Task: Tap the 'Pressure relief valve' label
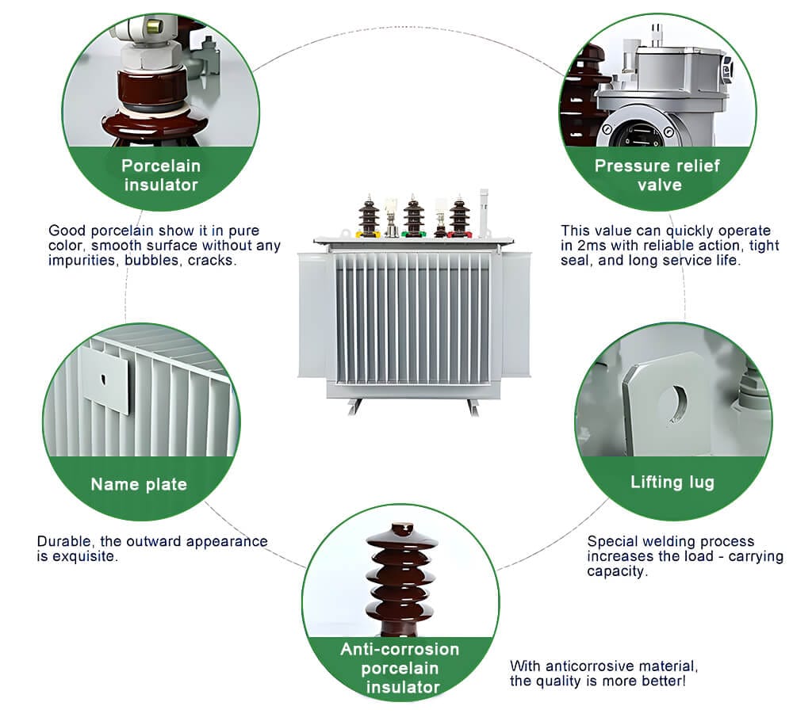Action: pos(657,175)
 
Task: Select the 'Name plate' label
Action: pos(139,484)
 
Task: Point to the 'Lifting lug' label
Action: pos(672,482)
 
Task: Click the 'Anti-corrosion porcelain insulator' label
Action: pos(400,667)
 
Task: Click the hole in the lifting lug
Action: pos(676,402)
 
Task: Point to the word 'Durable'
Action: pos(63,542)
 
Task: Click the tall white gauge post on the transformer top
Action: pos(483,211)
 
